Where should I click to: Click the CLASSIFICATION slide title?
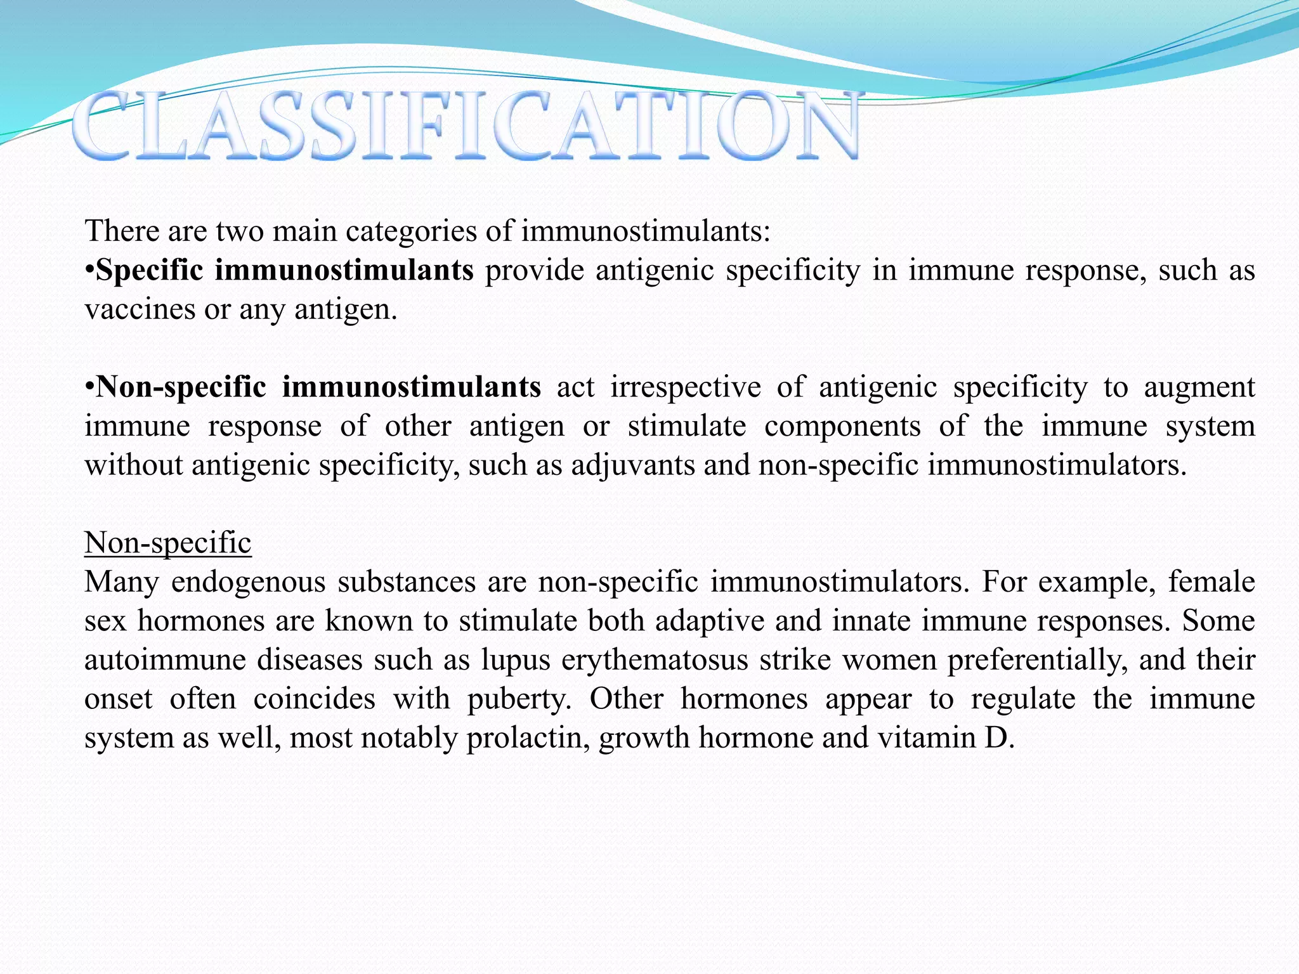(x=466, y=125)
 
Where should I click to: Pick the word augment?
(x=1199, y=387)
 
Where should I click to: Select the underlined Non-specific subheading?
(x=168, y=543)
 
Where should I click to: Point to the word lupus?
(x=515, y=660)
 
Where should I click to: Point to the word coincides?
(x=314, y=699)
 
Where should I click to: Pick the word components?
(x=842, y=426)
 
